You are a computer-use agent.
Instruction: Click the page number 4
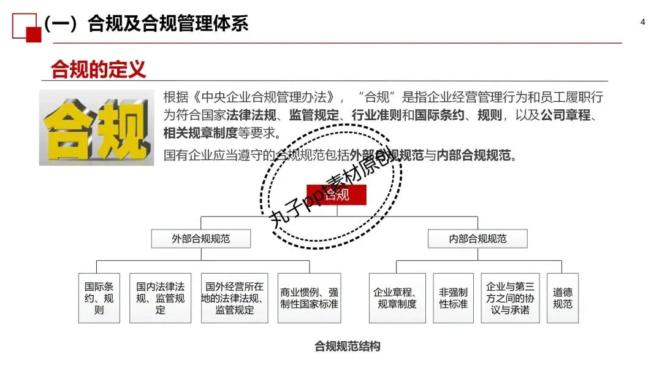[642, 23]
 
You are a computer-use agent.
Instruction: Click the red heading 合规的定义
[98, 69]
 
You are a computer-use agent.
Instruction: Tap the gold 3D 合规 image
[97, 127]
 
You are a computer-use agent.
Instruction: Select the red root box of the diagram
[337, 195]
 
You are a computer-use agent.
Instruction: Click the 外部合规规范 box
[200, 239]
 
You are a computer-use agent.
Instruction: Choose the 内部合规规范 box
[477, 239]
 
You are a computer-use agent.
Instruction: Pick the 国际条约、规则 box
[99, 298]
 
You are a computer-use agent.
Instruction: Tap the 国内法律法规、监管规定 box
[160, 298]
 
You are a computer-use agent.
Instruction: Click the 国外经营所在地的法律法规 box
[234, 298]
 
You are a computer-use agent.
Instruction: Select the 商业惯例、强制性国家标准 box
[309, 298]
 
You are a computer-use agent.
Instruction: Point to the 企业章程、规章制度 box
[397, 298]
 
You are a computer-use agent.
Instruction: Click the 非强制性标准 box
[454, 298]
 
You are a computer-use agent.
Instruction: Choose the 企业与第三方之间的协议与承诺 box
[510, 298]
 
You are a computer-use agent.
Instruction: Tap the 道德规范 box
[562, 298]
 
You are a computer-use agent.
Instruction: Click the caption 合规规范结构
[347, 347]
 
